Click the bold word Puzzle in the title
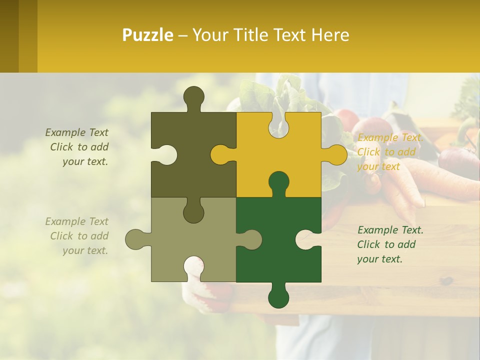click(147, 35)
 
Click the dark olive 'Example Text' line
click(77, 132)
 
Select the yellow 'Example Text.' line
click(390, 137)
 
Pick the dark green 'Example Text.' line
click(390, 230)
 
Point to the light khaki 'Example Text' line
click(77, 221)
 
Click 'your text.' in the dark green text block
click(379, 259)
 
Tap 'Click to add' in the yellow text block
click(386, 152)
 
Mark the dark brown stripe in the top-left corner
click(9, 36)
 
